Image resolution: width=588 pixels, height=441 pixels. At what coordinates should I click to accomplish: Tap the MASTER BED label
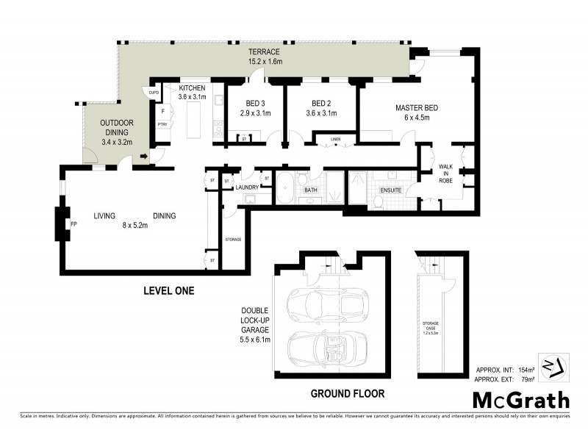click(x=416, y=108)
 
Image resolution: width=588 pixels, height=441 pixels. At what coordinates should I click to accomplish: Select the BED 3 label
click(x=255, y=104)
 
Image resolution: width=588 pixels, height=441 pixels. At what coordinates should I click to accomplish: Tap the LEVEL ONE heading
click(x=168, y=291)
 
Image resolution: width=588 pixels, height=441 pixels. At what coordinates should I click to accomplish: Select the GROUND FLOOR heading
click(x=347, y=394)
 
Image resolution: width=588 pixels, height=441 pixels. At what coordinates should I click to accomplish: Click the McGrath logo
click(x=520, y=401)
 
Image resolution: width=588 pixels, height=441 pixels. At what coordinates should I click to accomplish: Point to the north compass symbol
click(x=554, y=367)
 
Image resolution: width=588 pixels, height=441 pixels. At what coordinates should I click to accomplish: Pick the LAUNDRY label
click(x=246, y=187)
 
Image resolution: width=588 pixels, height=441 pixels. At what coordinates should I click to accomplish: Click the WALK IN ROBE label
click(x=446, y=171)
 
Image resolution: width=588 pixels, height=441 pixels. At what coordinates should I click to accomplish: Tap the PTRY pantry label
click(x=162, y=125)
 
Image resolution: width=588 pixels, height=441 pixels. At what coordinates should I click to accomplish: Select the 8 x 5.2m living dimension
click(x=135, y=226)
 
